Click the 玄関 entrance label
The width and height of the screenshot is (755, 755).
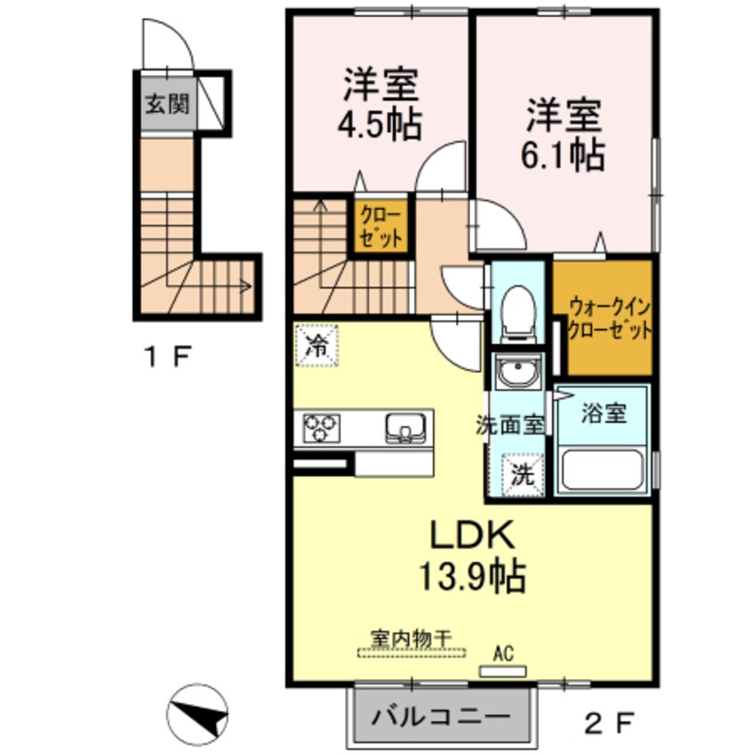point(166,104)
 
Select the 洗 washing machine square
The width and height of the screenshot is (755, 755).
point(523,474)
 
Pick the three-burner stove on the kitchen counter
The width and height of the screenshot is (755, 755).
point(319,428)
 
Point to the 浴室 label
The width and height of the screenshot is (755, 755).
point(603,413)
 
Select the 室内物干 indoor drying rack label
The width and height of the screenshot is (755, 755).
point(411,638)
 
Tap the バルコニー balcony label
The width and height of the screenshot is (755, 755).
point(441,716)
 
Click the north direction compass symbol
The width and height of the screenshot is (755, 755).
point(197,712)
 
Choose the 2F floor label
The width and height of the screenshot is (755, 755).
point(610,719)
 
